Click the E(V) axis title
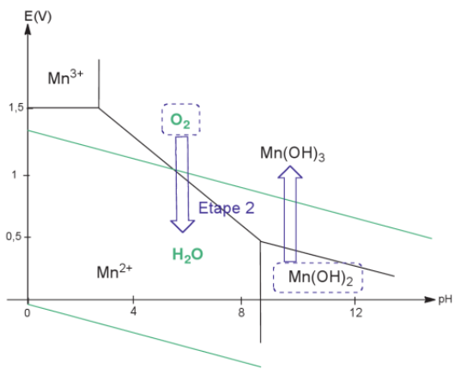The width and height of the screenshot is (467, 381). pos(38,16)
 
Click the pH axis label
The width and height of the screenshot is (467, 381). pos(445,299)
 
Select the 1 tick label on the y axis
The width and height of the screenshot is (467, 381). pos(14,175)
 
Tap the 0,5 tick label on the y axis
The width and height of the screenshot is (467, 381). pos(15,237)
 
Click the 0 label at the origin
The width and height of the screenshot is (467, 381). pos(27,313)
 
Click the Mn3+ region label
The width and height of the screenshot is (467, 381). pos(65,77)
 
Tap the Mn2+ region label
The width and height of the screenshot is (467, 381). pos(114,271)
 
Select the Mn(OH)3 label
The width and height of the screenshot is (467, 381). pos(293,154)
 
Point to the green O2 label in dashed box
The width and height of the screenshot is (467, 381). pos(180,121)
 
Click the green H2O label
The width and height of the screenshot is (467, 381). pos(188,255)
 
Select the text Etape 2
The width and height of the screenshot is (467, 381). pos(227,208)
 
